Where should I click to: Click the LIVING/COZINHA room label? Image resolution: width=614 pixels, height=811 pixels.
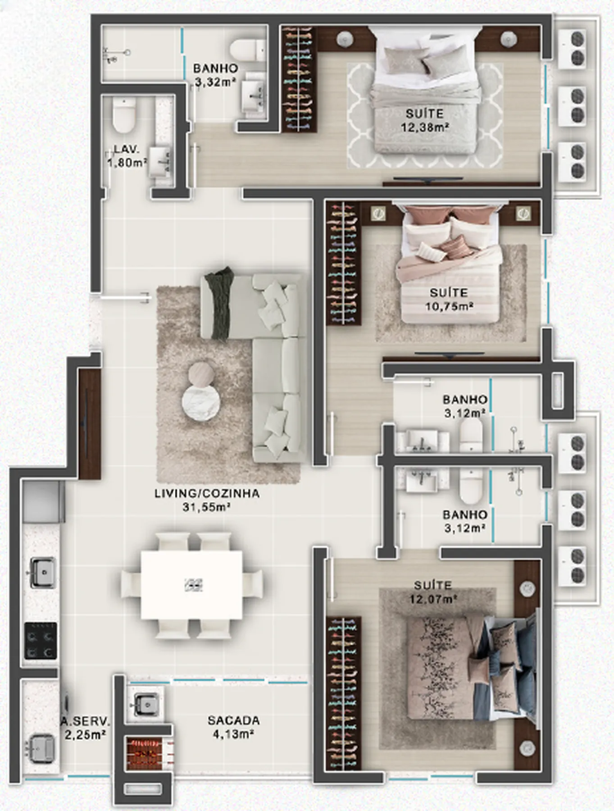click(x=207, y=493)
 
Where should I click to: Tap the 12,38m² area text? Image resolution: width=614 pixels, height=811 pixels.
click(x=425, y=128)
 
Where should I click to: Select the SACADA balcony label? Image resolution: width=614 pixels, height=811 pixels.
click(x=233, y=720)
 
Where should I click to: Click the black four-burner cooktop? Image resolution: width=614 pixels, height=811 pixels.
click(x=41, y=641)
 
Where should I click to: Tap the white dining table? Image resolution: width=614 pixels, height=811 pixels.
click(x=191, y=585)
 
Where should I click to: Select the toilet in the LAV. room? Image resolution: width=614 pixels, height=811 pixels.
click(x=124, y=116)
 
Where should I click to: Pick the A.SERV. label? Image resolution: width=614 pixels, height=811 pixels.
click(x=86, y=721)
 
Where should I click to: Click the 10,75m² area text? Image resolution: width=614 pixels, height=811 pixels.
click(x=449, y=306)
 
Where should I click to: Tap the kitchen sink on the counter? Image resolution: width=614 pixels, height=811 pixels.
click(x=43, y=572)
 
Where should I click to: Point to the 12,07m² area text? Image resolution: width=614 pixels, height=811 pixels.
click(x=433, y=599)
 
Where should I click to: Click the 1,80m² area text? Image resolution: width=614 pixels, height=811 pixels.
click(x=127, y=163)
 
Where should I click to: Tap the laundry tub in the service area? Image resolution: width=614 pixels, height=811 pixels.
click(x=41, y=748)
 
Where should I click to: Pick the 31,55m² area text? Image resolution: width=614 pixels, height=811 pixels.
click(x=206, y=507)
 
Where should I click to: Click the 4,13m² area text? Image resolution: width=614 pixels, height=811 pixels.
click(x=233, y=734)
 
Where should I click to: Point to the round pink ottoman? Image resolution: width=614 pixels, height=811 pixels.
click(x=201, y=374)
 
